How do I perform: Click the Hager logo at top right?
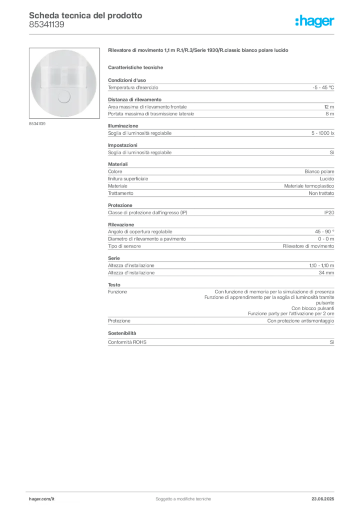point(315,21)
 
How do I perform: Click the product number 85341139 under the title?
point(46,25)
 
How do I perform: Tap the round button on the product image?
point(64,97)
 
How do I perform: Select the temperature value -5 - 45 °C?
point(323,87)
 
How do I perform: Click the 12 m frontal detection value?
point(329,107)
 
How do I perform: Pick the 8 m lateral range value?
point(330,114)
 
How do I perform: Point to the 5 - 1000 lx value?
point(323,133)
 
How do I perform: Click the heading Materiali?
point(118,164)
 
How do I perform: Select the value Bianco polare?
point(319,171)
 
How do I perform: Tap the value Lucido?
point(327,179)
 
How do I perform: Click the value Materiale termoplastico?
point(309,186)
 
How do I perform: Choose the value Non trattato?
point(321,193)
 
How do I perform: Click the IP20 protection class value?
point(329,213)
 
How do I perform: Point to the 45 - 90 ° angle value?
point(325,232)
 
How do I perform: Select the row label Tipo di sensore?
point(124,247)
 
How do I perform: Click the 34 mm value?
point(326,273)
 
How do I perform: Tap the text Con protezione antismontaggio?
point(301,321)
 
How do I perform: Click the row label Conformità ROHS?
point(127,342)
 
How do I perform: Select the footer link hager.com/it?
point(42,499)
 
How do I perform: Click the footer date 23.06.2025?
point(323,499)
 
